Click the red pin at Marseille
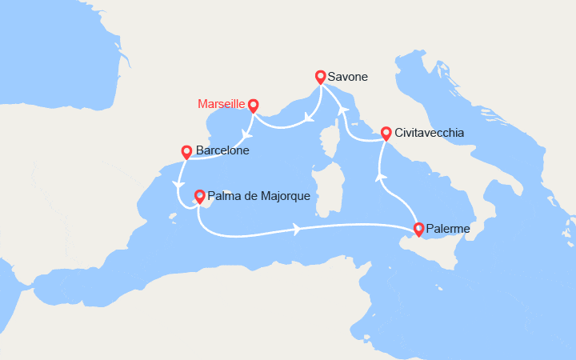[253, 105]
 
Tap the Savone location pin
[320, 77]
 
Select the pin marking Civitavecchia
[386, 133]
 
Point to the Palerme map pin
[418, 230]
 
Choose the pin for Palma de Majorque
[199, 194]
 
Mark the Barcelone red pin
[186, 150]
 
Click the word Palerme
[449, 230]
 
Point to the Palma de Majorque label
[258, 195]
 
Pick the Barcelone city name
[222, 150]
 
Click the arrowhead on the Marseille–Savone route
[309, 122]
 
